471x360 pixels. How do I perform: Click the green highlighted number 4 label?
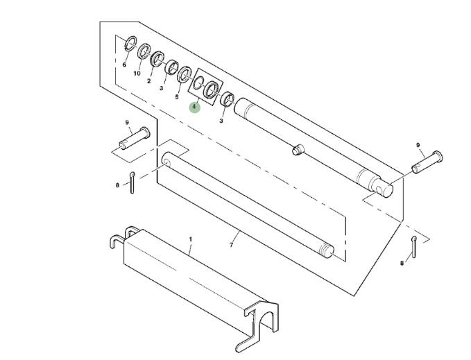tap(194, 107)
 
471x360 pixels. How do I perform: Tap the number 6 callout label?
tap(124, 65)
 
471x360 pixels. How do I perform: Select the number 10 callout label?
tap(137, 74)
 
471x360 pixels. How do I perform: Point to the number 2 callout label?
tap(148, 81)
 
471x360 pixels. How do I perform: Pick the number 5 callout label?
tap(177, 97)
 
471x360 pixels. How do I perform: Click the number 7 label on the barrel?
tap(231, 245)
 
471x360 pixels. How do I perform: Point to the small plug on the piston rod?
tap(298, 149)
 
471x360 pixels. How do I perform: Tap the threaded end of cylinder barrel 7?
tap(327, 250)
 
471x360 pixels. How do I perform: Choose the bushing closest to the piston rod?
tap(228, 98)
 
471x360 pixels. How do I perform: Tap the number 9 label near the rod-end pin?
tap(418, 145)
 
